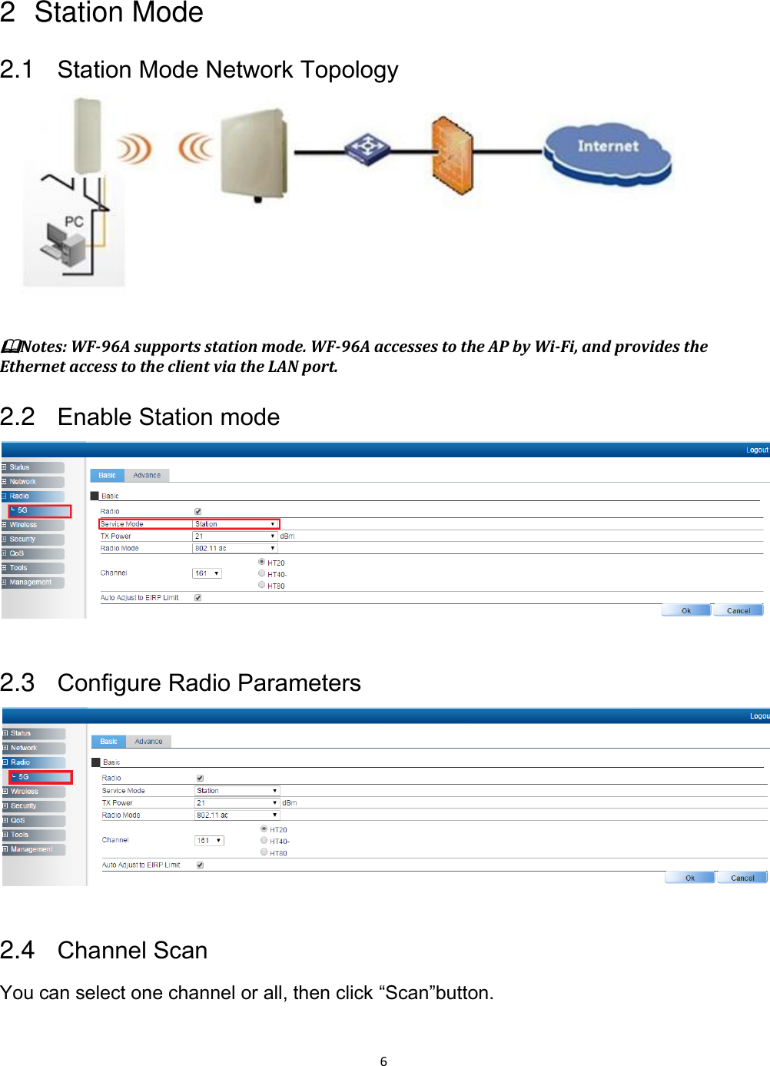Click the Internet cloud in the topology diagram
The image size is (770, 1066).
pos(607,153)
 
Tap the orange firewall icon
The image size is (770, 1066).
pos(452,154)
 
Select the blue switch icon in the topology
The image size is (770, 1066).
pos(367,148)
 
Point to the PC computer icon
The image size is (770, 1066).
pos(67,242)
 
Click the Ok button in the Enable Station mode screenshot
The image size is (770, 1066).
pos(685,610)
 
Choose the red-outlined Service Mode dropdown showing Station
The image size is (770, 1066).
pos(235,524)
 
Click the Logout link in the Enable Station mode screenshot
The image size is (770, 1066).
pos(756,450)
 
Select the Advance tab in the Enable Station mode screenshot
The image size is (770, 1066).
pos(147,475)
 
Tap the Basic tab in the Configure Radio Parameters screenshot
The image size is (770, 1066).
pos(108,742)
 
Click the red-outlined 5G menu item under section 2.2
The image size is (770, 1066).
pos(40,510)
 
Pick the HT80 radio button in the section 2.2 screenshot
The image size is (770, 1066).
pos(262,585)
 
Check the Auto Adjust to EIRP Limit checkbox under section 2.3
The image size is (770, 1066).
pos(200,865)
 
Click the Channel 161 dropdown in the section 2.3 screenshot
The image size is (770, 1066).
pos(209,840)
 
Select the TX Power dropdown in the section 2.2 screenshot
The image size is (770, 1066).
pos(235,536)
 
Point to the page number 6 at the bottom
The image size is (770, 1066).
pos(383,1061)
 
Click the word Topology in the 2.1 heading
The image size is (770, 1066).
pos(349,70)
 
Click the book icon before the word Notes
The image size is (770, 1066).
pos(10,347)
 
